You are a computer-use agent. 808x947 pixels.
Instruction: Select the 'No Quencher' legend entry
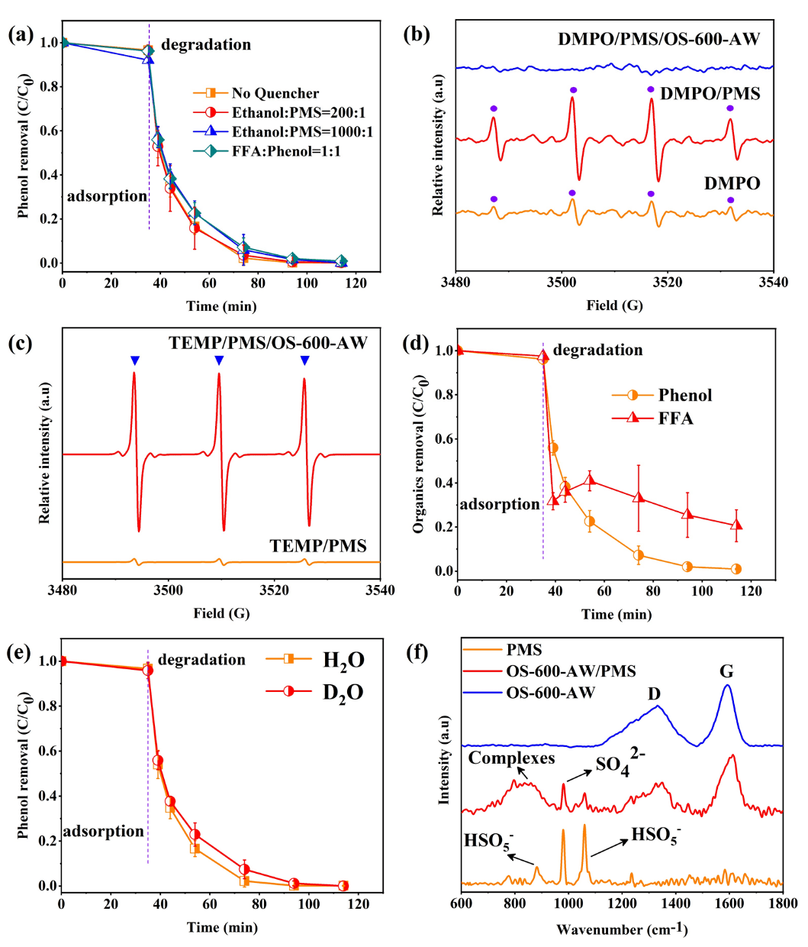click(x=275, y=93)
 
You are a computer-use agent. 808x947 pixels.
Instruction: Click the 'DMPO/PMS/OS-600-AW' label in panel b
click(x=659, y=39)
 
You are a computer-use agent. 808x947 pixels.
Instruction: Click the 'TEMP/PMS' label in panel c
click(x=317, y=545)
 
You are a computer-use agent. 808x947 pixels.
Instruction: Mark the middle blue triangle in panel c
click(x=219, y=360)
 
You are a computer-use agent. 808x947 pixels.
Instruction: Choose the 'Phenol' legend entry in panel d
click(x=684, y=395)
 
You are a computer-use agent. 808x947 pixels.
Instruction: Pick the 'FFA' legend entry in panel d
click(x=675, y=418)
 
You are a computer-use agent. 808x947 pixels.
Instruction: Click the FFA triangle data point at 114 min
click(x=736, y=525)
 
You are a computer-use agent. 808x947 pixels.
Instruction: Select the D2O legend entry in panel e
click(x=343, y=692)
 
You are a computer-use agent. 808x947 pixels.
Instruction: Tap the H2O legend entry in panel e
click(x=343, y=659)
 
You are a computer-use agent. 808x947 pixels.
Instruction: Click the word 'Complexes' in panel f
click(x=511, y=758)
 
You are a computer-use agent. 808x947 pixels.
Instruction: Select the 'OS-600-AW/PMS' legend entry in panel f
click(x=571, y=671)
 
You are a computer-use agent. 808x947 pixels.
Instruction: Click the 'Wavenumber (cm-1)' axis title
click(x=622, y=929)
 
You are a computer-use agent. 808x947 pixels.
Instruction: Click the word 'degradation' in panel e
click(x=201, y=660)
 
